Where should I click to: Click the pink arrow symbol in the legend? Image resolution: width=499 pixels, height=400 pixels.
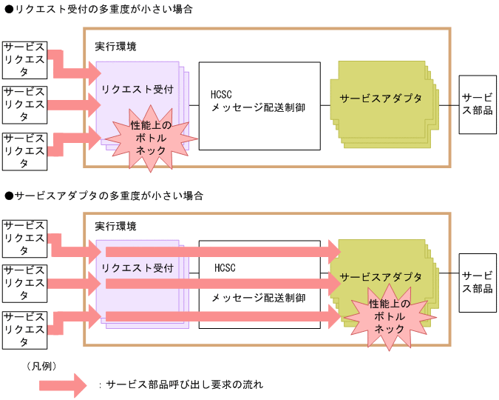[x=63, y=384]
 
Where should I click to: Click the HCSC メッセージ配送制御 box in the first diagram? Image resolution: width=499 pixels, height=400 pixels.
[x=259, y=106]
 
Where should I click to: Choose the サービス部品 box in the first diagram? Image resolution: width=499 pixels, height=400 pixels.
[x=477, y=104]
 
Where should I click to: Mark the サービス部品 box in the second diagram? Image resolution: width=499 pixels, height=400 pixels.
[x=477, y=282]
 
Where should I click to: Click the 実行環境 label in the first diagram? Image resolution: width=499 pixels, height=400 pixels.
[x=115, y=46]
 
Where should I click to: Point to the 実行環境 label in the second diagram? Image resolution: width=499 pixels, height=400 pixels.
[x=115, y=226]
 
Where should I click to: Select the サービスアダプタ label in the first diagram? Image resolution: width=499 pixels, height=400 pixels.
[x=381, y=99]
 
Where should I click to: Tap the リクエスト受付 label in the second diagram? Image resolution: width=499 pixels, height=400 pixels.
[x=138, y=268]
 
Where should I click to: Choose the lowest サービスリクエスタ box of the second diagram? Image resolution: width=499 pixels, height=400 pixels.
[x=24, y=330]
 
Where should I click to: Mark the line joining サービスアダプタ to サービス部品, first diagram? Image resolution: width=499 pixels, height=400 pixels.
[x=449, y=104]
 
